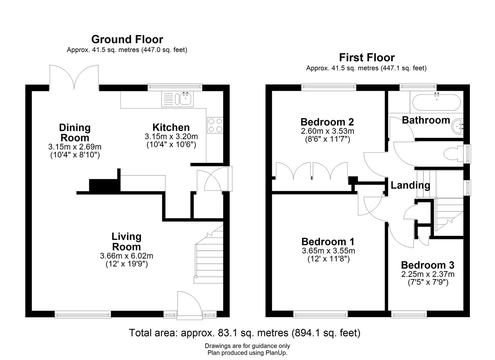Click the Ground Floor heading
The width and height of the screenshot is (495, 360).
pos(127,40)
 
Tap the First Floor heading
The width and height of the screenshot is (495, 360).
pos(367,58)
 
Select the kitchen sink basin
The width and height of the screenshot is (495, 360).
pos(185,98)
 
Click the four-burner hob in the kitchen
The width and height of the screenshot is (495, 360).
pos(215,125)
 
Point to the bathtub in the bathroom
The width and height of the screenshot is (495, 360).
pos(437,102)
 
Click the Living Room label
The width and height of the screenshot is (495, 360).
pos(126,242)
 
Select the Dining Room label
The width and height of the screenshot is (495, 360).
pos(75,133)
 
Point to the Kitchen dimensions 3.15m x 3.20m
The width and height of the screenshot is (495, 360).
pos(171,136)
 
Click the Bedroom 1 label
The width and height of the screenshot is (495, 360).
pos(328,242)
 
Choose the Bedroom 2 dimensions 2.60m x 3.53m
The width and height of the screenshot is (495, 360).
pos(327,131)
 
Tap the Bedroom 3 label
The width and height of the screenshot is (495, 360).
pos(428,265)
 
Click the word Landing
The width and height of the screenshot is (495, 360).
pos(410,185)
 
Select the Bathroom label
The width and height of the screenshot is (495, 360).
pos(426,120)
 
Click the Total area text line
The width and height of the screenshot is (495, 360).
pos(245,333)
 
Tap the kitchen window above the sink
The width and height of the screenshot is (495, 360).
pos(175,87)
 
